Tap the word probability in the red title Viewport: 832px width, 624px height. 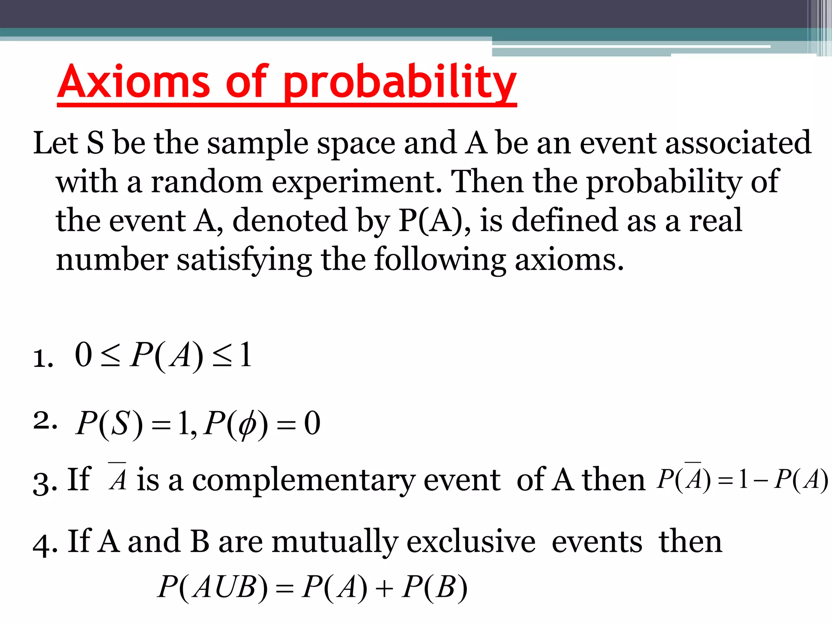[400, 84]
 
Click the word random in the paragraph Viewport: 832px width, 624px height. [207, 182]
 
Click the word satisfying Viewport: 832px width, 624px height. [244, 260]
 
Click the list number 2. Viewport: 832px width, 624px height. [44, 421]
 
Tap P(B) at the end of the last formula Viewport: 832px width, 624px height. [434, 587]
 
